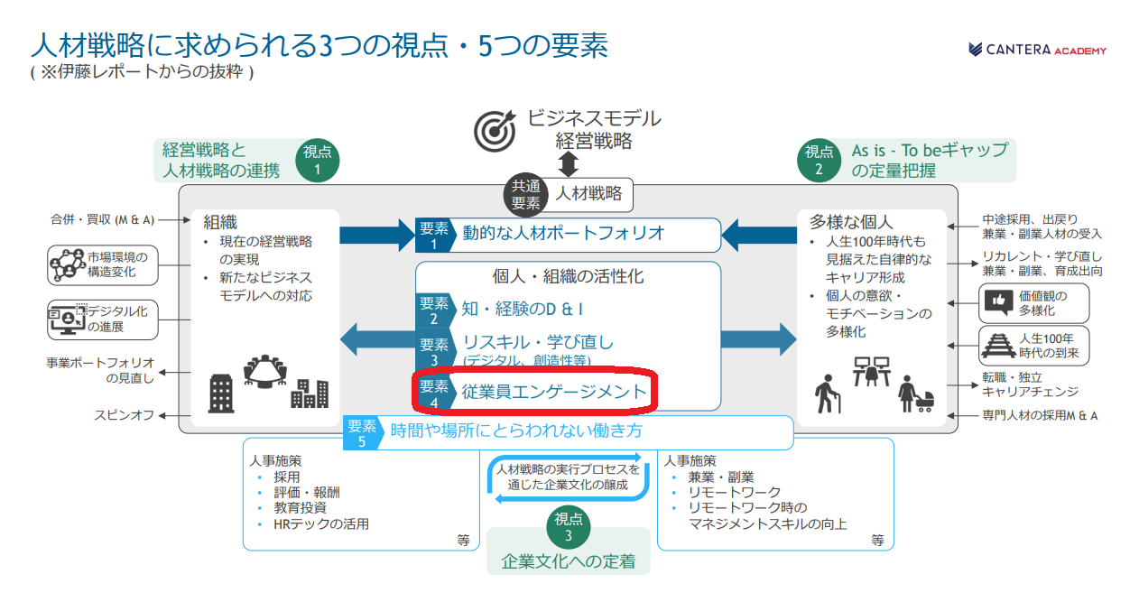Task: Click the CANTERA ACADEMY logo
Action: point(1037,50)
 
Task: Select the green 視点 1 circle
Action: point(317,160)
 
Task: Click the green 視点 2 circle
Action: point(819,160)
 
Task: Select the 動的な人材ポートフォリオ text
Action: point(564,233)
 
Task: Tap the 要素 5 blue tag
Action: point(362,432)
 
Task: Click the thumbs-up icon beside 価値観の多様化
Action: point(997,302)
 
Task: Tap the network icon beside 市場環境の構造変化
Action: point(66,264)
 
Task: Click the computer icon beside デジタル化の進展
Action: point(66,319)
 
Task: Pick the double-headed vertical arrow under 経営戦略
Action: point(569,164)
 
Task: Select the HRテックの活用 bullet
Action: point(321,523)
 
